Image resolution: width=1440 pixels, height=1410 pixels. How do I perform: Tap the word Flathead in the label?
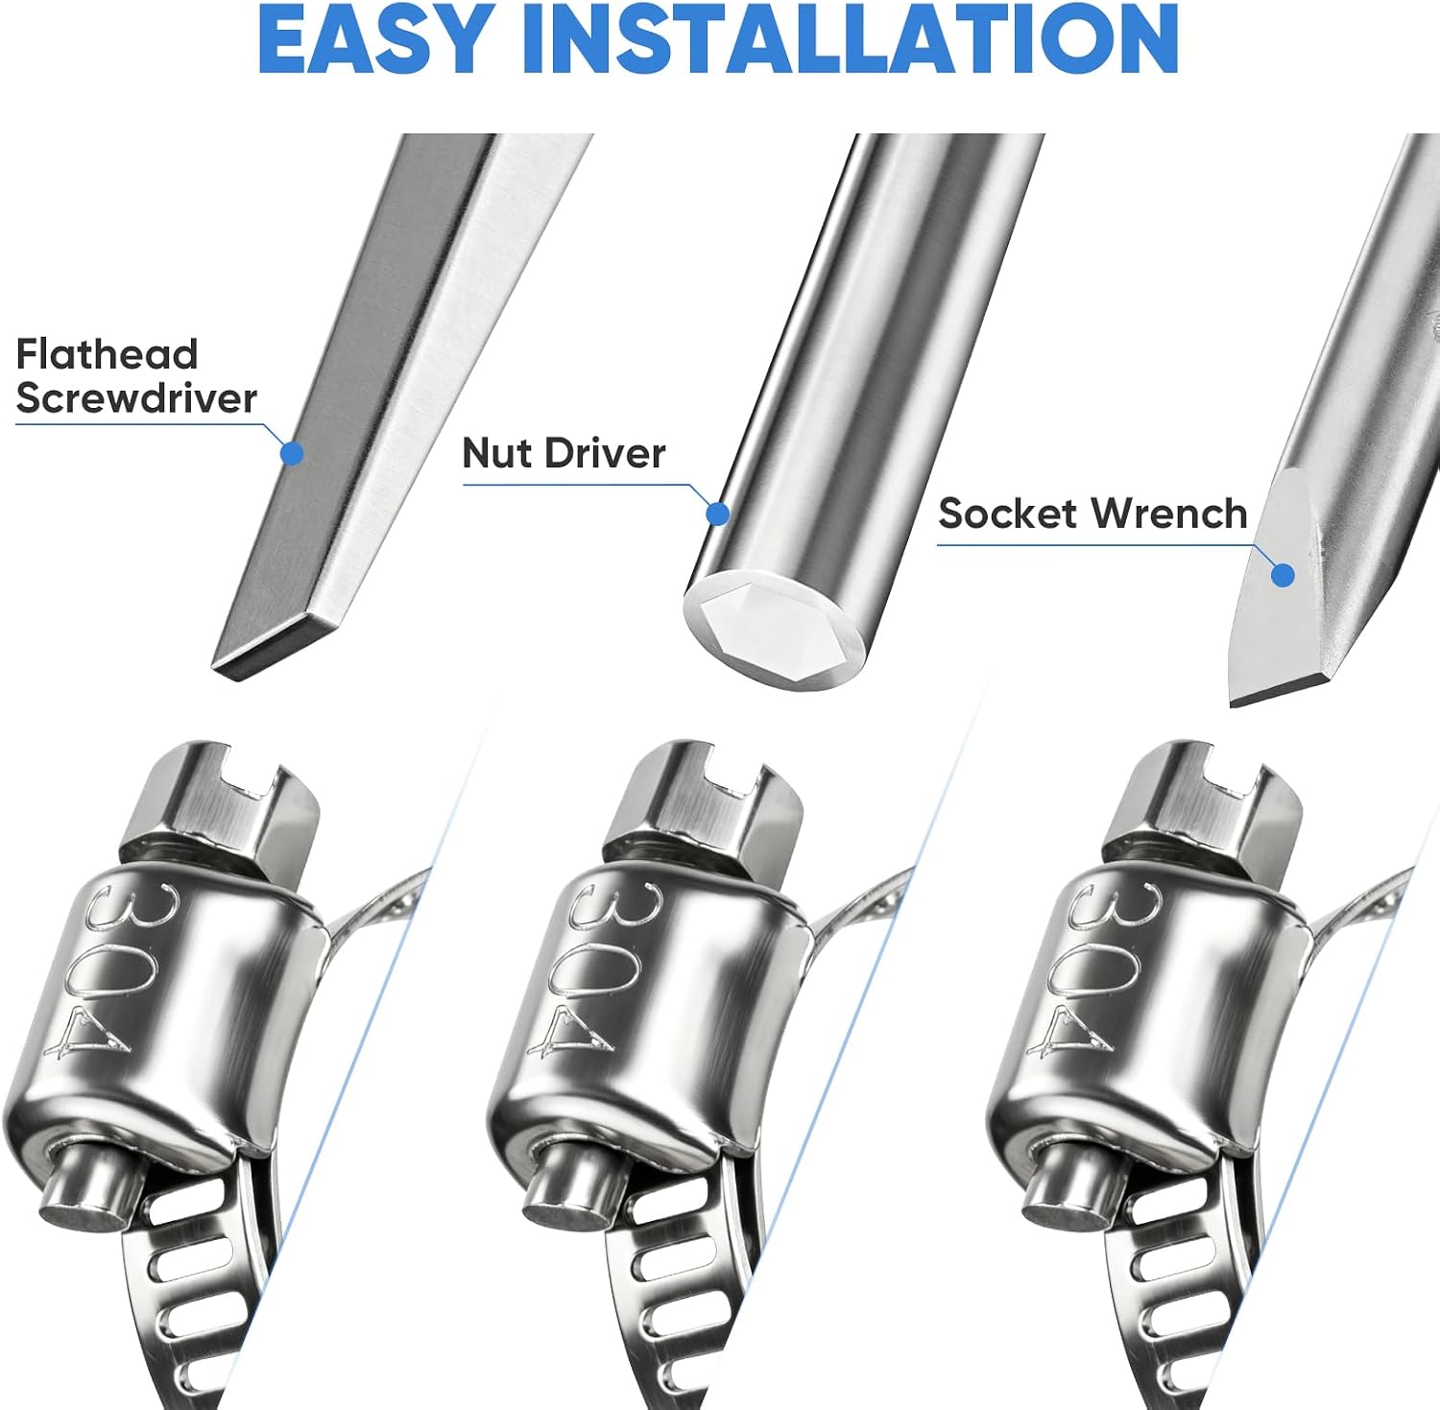(x=108, y=354)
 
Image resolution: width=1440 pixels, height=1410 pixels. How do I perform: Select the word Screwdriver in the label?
(x=136, y=397)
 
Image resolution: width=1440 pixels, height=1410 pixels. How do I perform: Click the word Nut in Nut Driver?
(x=497, y=453)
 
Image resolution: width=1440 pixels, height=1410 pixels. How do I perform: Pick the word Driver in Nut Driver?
(x=604, y=453)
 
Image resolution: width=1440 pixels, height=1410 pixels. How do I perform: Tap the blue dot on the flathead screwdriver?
(x=292, y=454)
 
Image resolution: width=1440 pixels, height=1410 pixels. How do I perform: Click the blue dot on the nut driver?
(x=718, y=514)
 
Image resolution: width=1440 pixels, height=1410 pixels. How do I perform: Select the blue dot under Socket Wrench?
(x=1283, y=575)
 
